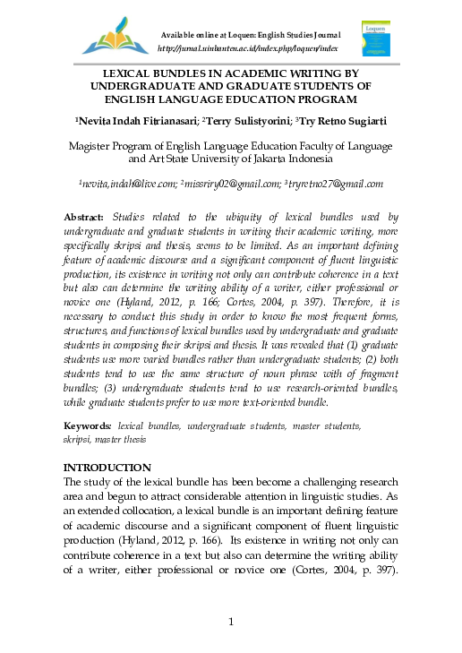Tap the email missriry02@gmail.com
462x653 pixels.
[229, 183]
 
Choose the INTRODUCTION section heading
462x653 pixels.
[107, 468]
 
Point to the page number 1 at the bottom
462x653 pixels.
[231, 623]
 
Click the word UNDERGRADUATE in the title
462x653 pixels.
[145, 86]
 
